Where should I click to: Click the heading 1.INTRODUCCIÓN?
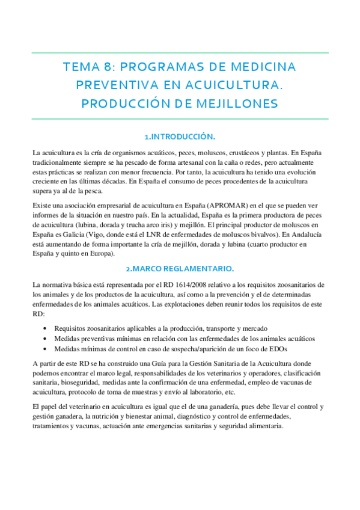pyautogui.click(x=180, y=136)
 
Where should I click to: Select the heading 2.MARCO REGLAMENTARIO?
pyautogui.click(x=180, y=268)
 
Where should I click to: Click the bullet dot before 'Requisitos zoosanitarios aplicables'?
pyautogui.click(x=46, y=329)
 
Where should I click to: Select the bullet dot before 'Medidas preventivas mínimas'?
pyautogui.click(x=46, y=339)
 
